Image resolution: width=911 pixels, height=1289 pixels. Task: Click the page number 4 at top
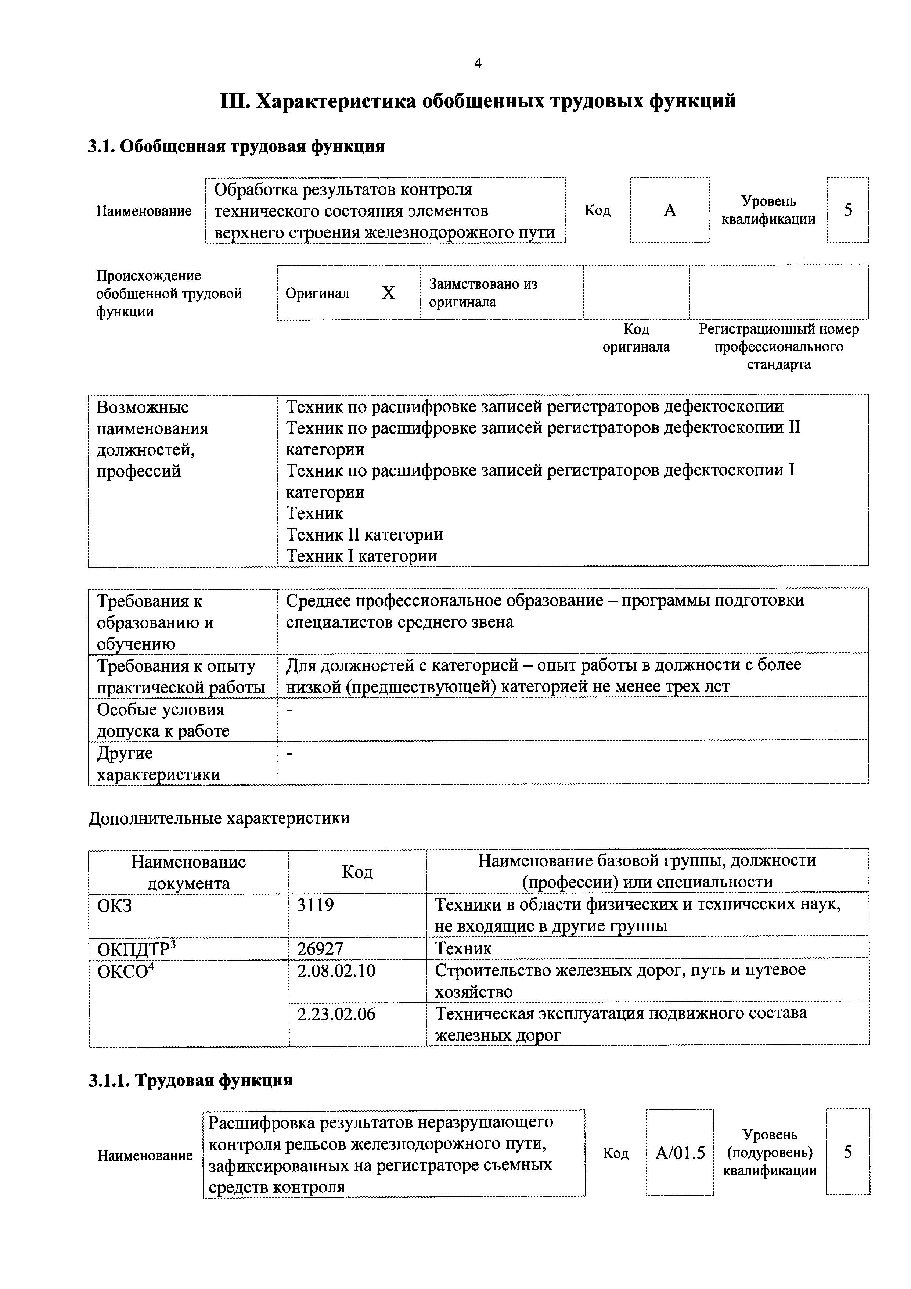(x=478, y=64)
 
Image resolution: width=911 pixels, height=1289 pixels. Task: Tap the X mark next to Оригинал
(x=388, y=293)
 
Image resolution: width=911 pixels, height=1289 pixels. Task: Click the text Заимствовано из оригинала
(x=483, y=293)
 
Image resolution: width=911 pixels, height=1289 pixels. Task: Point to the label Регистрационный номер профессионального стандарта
(x=778, y=347)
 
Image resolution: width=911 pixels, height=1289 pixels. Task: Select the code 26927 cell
(x=320, y=949)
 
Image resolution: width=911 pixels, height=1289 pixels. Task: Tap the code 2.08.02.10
(x=336, y=971)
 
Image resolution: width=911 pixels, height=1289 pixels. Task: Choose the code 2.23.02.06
(x=336, y=1014)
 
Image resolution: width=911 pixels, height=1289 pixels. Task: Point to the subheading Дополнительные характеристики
(x=219, y=818)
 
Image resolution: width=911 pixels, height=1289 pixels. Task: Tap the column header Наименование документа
(x=188, y=872)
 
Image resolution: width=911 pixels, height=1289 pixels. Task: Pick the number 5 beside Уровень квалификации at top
(x=847, y=210)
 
